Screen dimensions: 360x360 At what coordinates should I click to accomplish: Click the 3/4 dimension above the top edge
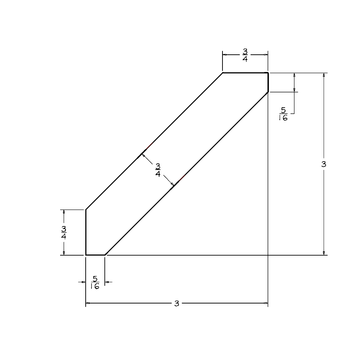click(x=245, y=55)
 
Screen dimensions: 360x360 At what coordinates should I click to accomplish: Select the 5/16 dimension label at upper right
click(x=283, y=114)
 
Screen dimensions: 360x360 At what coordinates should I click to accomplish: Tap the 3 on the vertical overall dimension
click(x=324, y=164)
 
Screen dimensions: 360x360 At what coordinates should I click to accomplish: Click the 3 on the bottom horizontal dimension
click(x=176, y=303)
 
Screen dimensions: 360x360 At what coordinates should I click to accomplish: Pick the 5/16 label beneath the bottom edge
click(x=95, y=282)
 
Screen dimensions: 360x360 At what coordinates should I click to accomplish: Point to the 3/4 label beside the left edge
click(x=63, y=232)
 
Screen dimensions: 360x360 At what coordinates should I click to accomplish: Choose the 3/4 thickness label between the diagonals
click(x=158, y=170)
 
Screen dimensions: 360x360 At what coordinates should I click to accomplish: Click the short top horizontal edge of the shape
click(x=245, y=73)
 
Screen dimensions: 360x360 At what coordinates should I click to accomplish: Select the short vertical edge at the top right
click(x=268, y=82)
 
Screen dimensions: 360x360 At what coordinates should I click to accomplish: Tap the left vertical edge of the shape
click(x=86, y=232)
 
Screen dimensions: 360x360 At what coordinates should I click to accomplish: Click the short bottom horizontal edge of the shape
click(x=95, y=255)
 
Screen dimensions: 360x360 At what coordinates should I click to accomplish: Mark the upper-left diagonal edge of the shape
click(x=154, y=141)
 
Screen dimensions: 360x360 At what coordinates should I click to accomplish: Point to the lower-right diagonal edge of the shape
click(x=186, y=174)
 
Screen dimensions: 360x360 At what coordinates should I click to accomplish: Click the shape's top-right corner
click(x=268, y=73)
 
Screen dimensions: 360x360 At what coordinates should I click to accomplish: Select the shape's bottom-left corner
click(x=86, y=255)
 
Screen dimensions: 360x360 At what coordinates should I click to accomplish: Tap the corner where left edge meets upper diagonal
click(x=86, y=209)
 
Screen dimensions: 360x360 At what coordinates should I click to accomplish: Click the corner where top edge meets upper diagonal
click(x=222, y=73)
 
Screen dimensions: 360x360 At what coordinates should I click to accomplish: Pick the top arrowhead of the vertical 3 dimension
click(x=324, y=75)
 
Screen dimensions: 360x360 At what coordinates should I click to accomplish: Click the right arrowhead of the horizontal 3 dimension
click(x=266, y=303)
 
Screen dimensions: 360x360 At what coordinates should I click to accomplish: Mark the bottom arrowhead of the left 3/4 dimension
click(x=64, y=253)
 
